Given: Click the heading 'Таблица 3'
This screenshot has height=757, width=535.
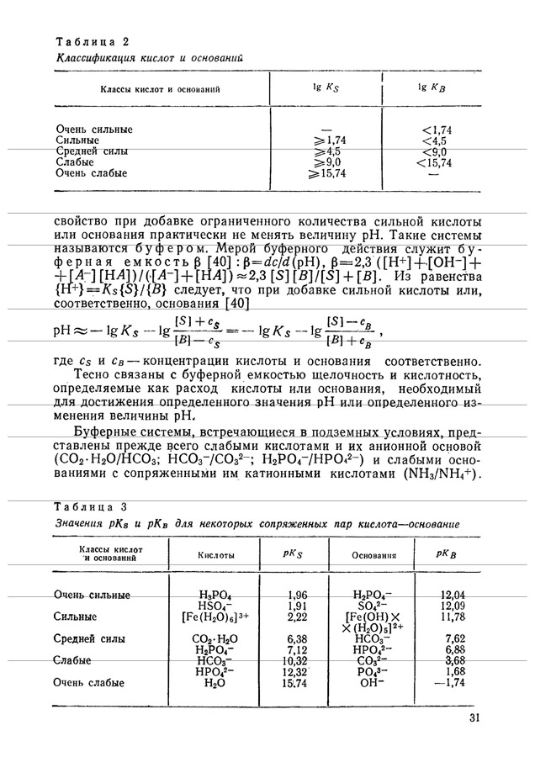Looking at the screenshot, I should click(x=91, y=507).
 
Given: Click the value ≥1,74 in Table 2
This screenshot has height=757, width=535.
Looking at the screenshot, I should click(x=331, y=140).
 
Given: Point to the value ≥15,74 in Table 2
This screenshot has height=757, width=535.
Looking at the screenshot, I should click(x=329, y=173).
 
